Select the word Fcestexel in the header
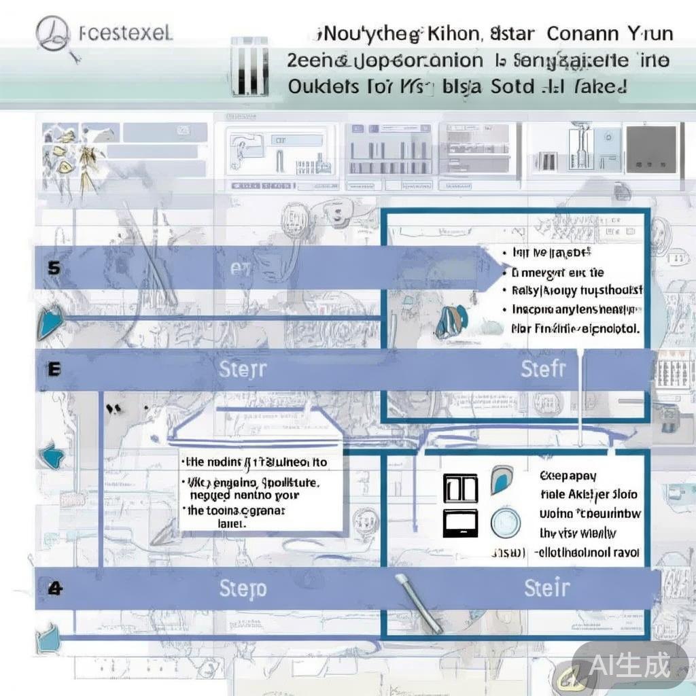coord(125,33)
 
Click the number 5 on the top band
coord(54,268)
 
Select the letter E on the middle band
coord(54,369)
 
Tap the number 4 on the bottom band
coord(55,588)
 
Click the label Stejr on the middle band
coord(243,370)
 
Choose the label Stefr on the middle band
coord(543,369)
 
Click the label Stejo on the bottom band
coord(243,589)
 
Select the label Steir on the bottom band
coord(547,588)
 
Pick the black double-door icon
coord(460,488)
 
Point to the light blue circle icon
coord(504,522)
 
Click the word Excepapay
coord(568,476)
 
